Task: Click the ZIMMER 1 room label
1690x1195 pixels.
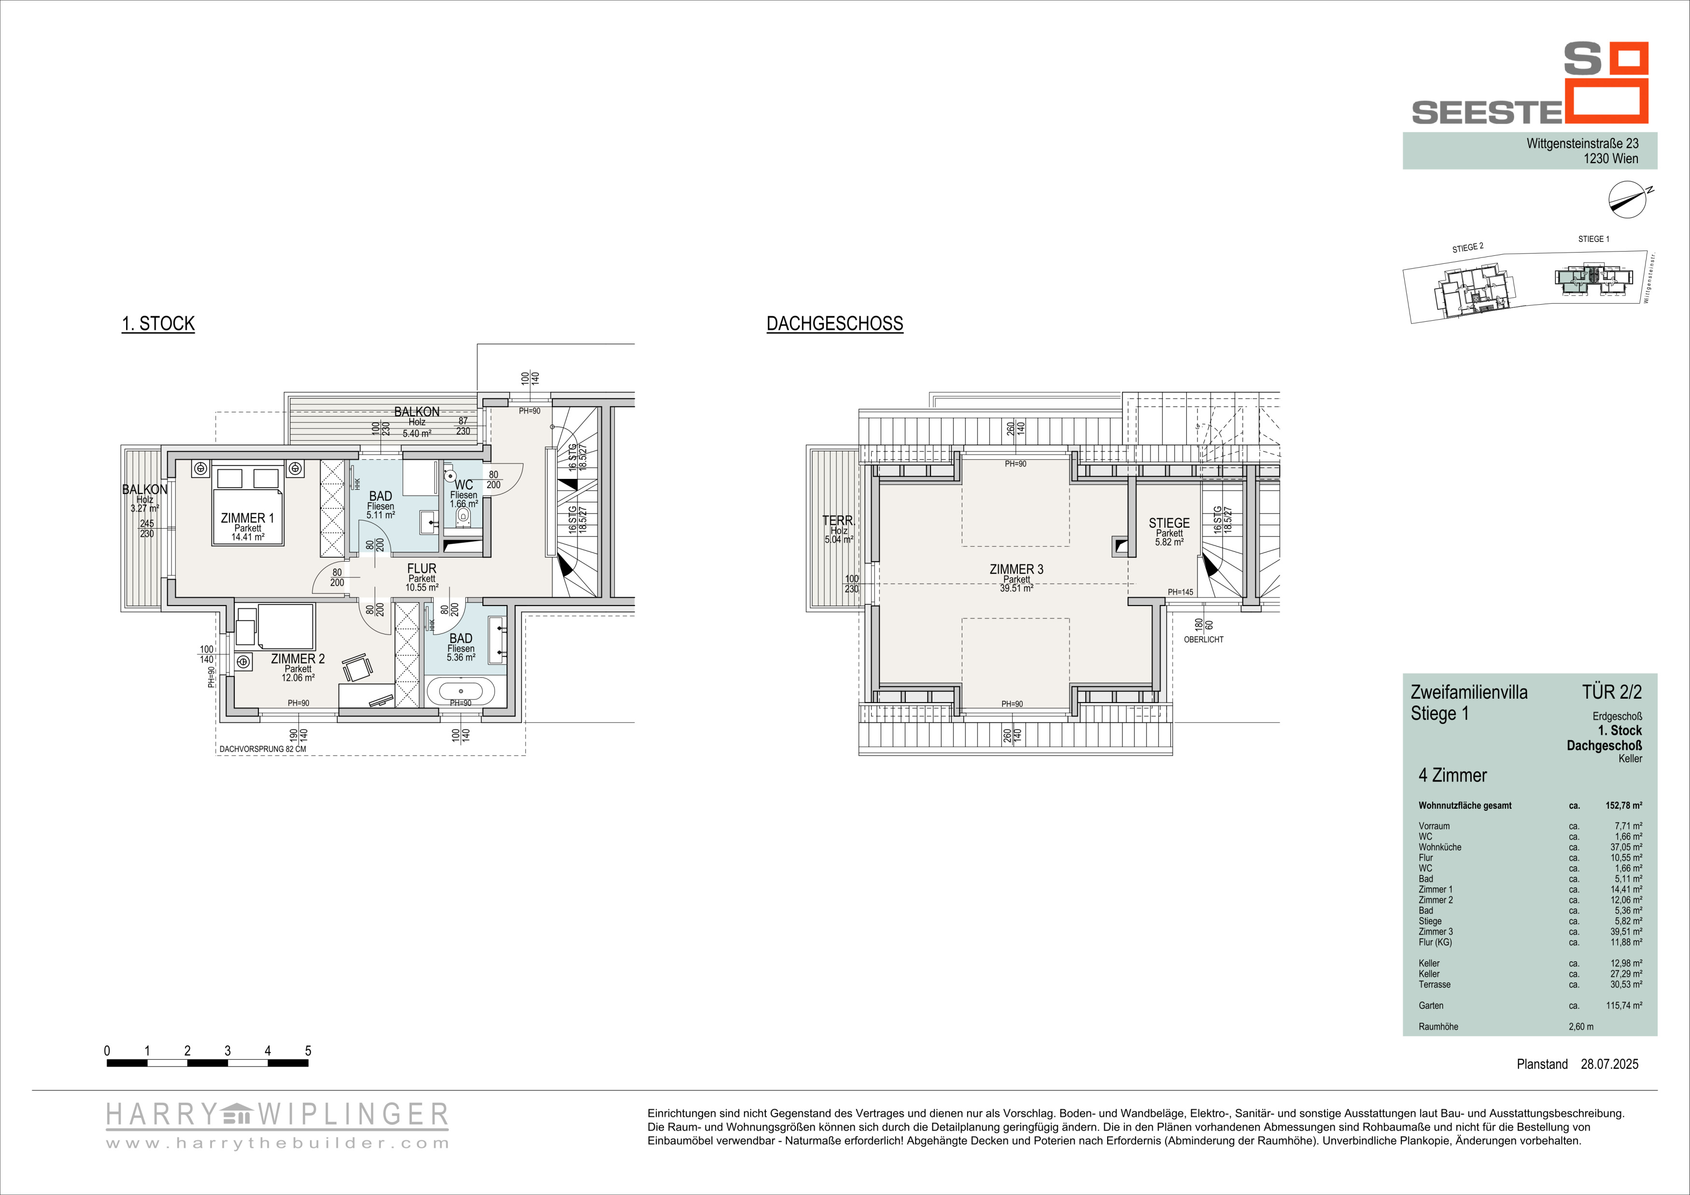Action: click(x=247, y=518)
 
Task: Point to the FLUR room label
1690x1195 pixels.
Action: click(x=422, y=569)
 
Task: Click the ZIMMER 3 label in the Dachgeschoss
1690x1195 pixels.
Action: click(x=1016, y=569)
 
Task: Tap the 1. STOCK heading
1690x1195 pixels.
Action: click(x=158, y=324)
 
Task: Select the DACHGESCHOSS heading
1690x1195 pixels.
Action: click(x=835, y=324)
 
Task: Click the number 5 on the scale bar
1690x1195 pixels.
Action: click(x=308, y=1051)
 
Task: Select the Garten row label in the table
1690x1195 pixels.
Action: click(x=1431, y=1005)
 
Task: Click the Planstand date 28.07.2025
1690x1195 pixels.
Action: click(x=1610, y=1084)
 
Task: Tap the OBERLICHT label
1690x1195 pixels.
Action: click(x=1203, y=639)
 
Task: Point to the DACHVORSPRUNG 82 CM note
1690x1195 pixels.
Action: click(x=263, y=749)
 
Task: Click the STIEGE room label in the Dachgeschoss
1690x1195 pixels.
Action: click(x=1169, y=523)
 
